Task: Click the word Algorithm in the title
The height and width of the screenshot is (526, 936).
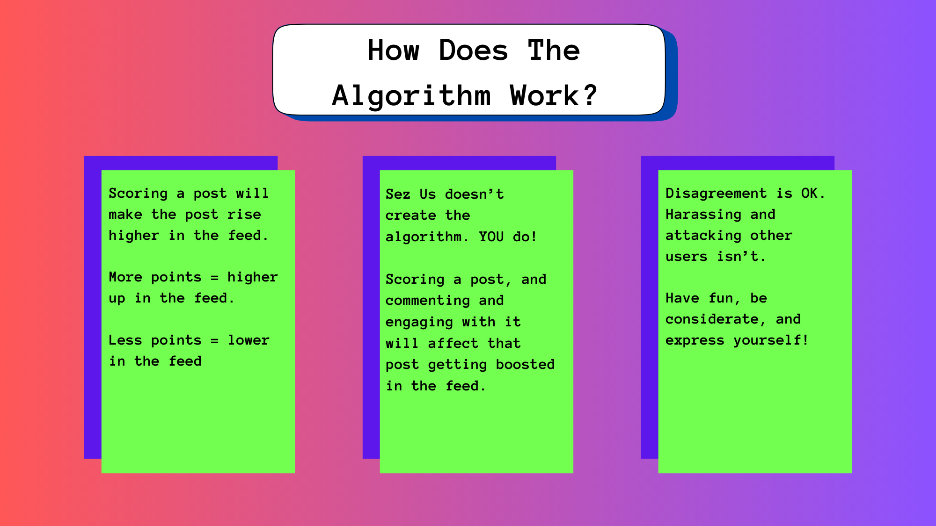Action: [x=411, y=96]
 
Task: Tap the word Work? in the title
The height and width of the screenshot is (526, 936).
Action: [x=554, y=95]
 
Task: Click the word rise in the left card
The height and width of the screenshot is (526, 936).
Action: [x=244, y=214]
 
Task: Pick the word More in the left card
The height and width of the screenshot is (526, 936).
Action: [x=125, y=277]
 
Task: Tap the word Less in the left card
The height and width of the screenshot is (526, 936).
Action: [x=125, y=340]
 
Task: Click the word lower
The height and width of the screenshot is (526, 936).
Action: [x=249, y=340]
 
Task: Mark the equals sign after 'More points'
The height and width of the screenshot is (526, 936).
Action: [x=214, y=278]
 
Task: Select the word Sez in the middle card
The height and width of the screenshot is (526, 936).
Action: [x=398, y=194]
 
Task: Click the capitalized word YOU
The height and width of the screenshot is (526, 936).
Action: [x=491, y=237]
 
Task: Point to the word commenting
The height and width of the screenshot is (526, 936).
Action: [x=428, y=301]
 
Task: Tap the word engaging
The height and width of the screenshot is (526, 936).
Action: [x=419, y=322]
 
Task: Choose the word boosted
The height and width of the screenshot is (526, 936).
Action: [x=525, y=364]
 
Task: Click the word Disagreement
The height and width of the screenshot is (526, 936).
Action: [x=716, y=193]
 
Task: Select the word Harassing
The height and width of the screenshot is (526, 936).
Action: [x=703, y=215]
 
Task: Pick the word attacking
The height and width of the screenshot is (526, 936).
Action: [x=703, y=236]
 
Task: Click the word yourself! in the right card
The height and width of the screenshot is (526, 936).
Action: [x=771, y=340]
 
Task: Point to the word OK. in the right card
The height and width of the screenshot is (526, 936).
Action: [x=813, y=193]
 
